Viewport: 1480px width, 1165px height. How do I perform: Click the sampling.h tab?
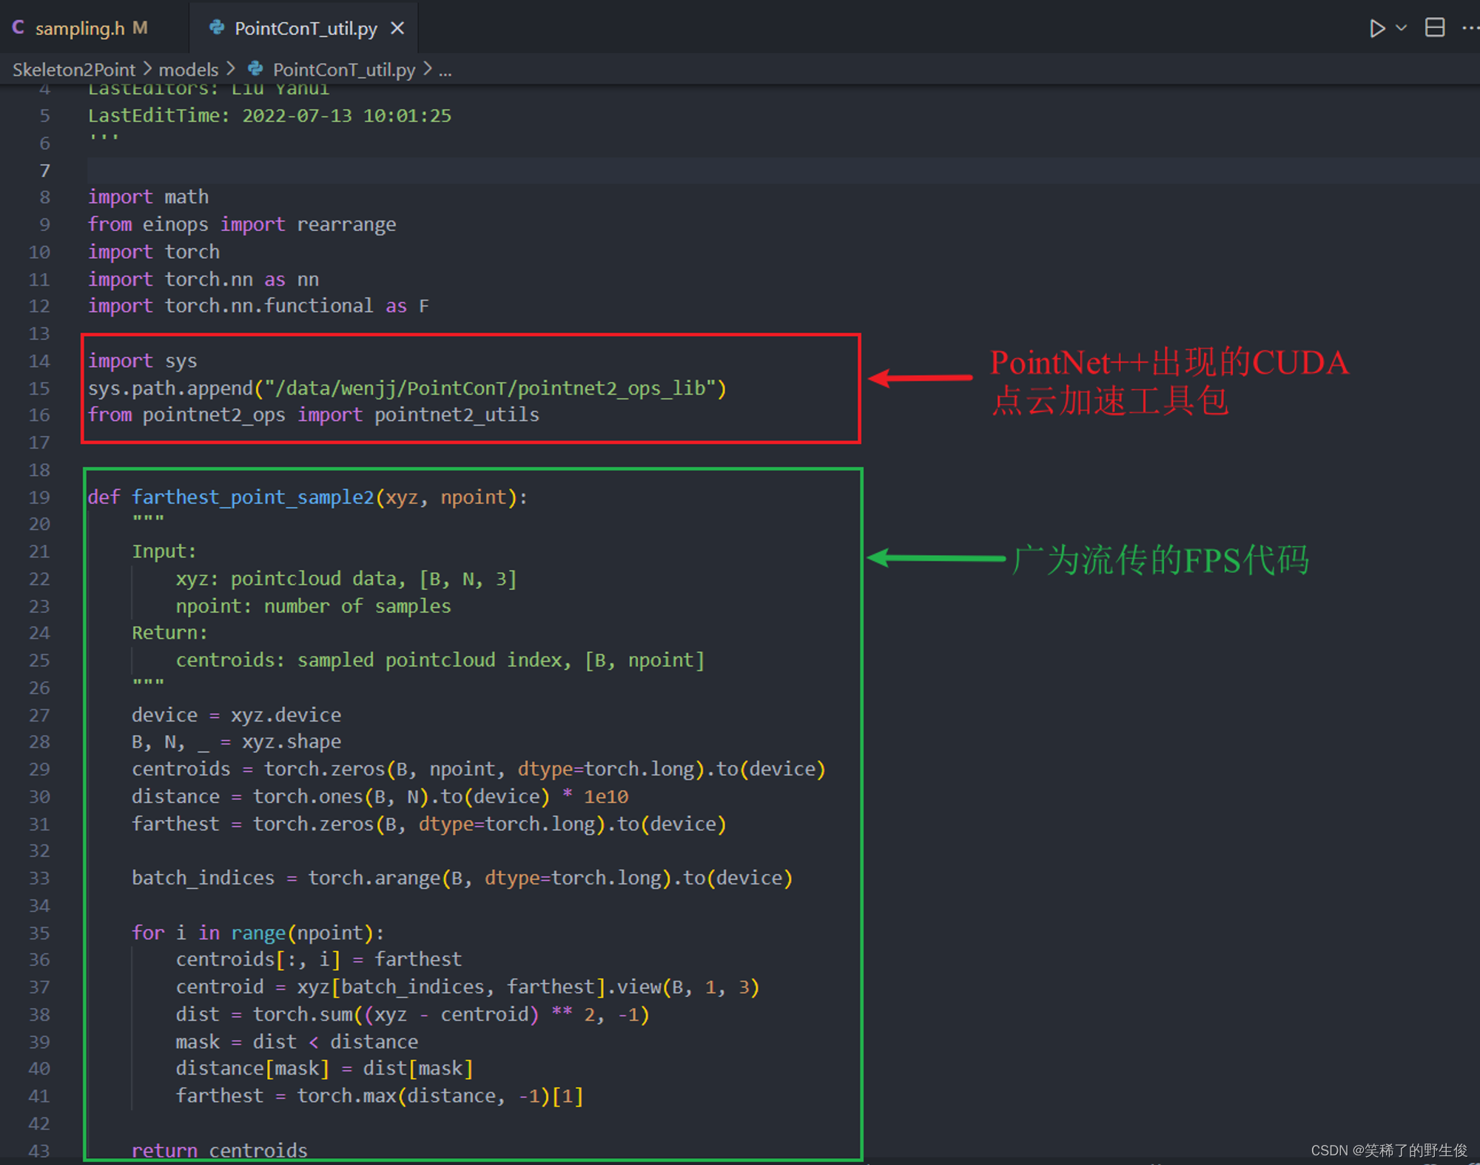click(79, 28)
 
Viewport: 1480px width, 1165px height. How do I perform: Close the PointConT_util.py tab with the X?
click(398, 28)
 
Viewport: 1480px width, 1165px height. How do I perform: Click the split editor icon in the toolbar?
click(1434, 28)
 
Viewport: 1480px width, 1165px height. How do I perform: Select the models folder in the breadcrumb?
click(188, 70)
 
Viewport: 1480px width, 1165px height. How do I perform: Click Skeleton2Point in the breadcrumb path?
click(74, 70)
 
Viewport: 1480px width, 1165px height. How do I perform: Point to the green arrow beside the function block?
click(935, 558)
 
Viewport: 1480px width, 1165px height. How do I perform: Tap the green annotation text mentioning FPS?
click(1160, 560)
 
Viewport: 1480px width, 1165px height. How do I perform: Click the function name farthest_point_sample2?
click(253, 497)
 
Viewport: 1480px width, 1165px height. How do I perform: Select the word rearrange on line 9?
click(346, 224)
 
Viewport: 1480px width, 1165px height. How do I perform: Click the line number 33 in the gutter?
click(39, 878)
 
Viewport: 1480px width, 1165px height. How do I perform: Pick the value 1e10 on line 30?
click(606, 796)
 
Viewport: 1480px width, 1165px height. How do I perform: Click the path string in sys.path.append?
click(489, 388)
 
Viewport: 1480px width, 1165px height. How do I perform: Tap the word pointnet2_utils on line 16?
click(457, 414)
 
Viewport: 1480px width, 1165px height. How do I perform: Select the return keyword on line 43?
click(164, 1150)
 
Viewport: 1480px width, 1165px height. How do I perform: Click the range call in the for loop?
click(258, 933)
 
